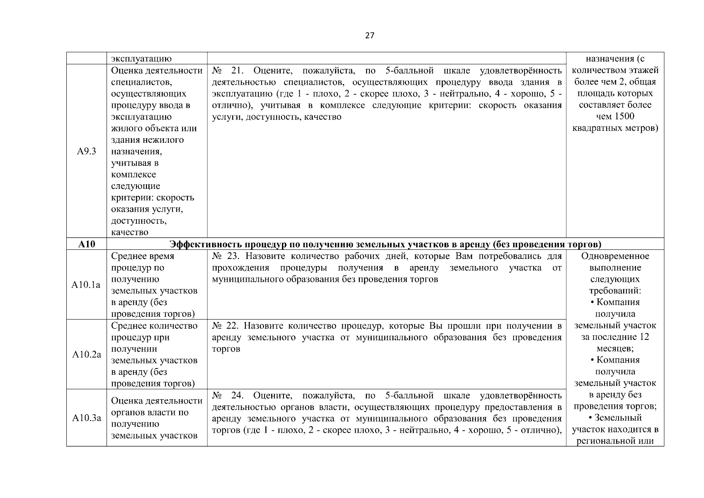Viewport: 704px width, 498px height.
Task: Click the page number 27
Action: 369,36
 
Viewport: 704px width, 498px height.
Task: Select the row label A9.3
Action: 87,151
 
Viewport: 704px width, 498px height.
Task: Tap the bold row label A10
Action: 87,244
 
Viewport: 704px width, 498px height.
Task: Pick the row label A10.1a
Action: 86,285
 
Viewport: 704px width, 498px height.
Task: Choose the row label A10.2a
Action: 87,354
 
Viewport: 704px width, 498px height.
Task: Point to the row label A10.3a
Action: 87,418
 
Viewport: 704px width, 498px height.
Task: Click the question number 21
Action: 236,71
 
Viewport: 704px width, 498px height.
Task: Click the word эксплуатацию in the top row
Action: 141,59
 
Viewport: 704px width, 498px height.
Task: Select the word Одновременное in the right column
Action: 615,256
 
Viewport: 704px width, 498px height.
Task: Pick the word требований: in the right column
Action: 615,290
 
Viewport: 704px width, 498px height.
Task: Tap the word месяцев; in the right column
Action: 615,348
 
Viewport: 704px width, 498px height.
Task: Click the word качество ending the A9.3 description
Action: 130,232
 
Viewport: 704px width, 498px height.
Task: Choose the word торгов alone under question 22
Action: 226,349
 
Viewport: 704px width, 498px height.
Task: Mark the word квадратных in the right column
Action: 597,128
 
